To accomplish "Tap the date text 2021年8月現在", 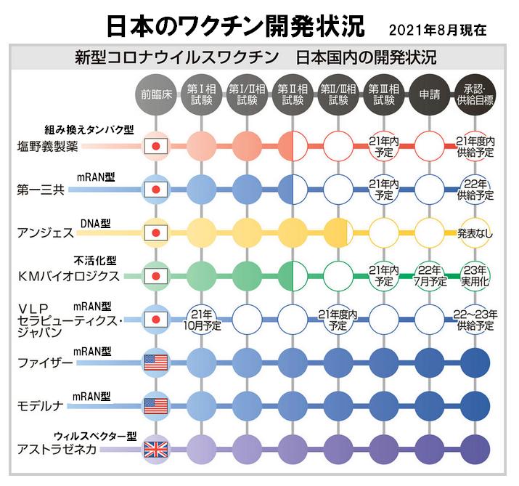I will click(x=436, y=31).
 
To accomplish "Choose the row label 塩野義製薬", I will click(x=48, y=145).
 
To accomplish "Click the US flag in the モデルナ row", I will click(x=155, y=405).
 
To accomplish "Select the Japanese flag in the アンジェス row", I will click(x=154, y=233).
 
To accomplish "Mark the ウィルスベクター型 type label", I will click(x=96, y=436).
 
